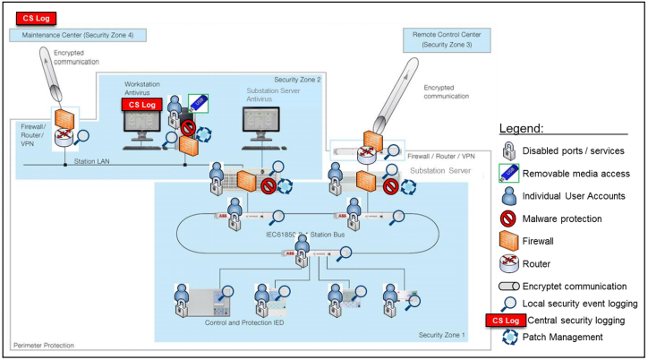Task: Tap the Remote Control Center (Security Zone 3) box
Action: (451, 39)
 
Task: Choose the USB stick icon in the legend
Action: (507, 173)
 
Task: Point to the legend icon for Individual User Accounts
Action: (507, 196)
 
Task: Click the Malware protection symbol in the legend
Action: (507, 219)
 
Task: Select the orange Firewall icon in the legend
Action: (507, 241)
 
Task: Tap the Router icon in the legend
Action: (507, 264)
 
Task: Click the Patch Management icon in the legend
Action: (507, 338)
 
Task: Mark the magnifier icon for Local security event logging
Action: (508, 304)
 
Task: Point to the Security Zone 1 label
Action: (442, 334)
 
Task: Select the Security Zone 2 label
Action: (297, 80)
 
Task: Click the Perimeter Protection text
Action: (44, 345)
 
